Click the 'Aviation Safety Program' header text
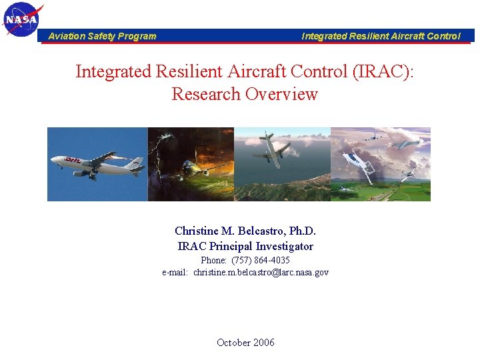(x=102, y=37)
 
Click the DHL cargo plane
(x=93, y=164)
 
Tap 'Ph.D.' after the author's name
(x=303, y=231)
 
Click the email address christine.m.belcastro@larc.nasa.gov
(x=261, y=272)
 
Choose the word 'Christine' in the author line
(x=196, y=231)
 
